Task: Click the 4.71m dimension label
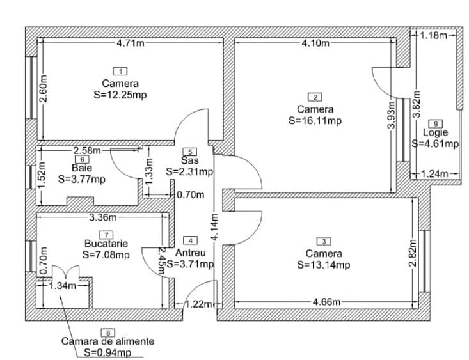(130, 43)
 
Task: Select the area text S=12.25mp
(120, 94)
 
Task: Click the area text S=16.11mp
(315, 120)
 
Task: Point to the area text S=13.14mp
(324, 264)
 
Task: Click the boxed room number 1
(120, 72)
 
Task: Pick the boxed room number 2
(315, 97)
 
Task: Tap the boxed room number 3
(324, 242)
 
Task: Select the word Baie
(82, 169)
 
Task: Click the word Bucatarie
(106, 244)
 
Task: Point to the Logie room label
(436, 133)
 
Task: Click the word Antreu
(190, 252)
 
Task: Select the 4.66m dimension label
(327, 301)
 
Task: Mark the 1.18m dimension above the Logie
(435, 35)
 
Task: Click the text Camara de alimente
(107, 341)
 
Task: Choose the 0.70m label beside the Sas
(191, 195)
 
